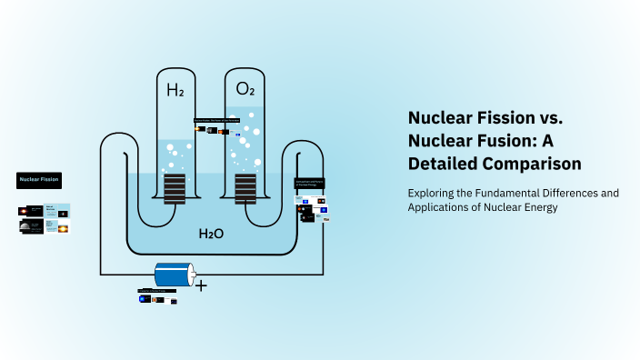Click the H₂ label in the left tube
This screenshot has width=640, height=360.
click(x=175, y=90)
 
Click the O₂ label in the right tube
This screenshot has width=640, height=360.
click(x=245, y=89)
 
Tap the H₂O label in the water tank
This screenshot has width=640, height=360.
click(x=211, y=234)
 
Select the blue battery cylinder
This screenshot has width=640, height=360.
click(x=174, y=275)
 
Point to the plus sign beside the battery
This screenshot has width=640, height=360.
click(x=201, y=285)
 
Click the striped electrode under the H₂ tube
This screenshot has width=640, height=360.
click(x=175, y=188)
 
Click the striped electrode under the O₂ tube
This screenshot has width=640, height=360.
click(x=245, y=188)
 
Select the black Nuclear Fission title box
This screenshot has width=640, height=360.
click(x=39, y=180)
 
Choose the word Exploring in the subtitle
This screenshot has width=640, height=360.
click(x=433, y=193)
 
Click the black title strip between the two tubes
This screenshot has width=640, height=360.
click(x=217, y=120)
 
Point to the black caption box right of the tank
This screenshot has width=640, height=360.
click(x=309, y=183)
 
